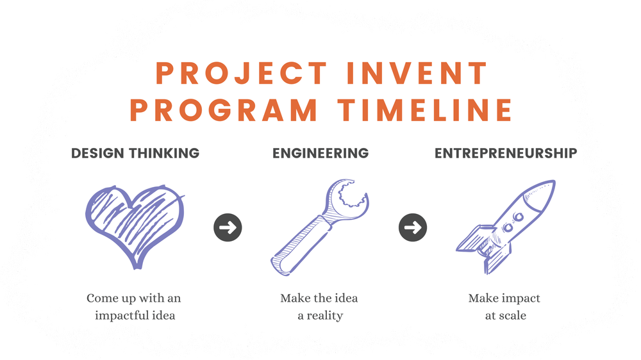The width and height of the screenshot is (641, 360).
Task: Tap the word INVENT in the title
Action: tap(417, 74)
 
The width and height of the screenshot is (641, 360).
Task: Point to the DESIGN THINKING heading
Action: tap(135, 153)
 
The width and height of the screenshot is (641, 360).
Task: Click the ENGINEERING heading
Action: tap(320, 153)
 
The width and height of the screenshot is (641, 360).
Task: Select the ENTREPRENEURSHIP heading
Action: tap(506, 153)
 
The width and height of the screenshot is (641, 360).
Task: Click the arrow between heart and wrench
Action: tap(228, 227)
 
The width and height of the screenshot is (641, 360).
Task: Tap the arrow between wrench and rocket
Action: tap(413, 227)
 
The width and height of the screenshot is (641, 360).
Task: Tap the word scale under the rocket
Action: tap(513, 315)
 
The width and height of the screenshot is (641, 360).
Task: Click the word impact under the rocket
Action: tap(518, 299)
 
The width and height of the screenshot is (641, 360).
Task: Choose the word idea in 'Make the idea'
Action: tap(346, 299)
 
